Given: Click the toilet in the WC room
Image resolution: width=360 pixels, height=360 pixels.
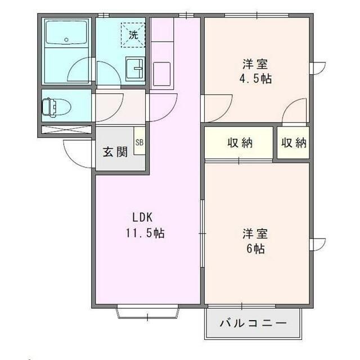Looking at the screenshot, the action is click(x=56, y=106).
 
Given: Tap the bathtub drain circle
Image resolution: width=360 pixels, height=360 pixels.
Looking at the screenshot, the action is click(x=66, y=39).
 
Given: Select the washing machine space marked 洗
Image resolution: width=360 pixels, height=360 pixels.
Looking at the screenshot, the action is click(x=133, y=35).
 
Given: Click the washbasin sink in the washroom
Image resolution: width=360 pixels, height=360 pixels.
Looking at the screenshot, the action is click(x=135, y=69).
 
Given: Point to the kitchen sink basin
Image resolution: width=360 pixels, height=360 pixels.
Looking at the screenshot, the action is click(x=162, y=74).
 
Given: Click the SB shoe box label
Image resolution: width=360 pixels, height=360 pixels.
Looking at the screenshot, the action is click(x=139, y=142).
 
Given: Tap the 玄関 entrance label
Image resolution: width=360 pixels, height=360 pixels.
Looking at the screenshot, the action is click(x=115, y=152).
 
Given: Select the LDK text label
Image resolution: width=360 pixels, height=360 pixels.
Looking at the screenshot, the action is click(x=142, y=217).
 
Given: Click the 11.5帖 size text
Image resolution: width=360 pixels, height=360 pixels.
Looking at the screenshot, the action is click(x=145, y=233).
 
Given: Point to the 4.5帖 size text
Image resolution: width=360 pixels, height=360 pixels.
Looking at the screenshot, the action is click(x=255, y=79).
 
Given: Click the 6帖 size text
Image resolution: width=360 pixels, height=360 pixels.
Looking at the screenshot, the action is click(x=255, y=249).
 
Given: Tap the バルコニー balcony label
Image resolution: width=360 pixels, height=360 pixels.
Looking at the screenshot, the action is click(x=253, y=323).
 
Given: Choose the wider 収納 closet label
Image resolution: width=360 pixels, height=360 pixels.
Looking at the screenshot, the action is click(x=240, y=143).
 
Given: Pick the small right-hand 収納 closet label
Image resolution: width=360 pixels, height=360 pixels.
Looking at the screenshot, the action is click(x=294, y=143).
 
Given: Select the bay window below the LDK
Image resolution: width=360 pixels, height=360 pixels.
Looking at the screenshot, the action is click(x=147, y=312).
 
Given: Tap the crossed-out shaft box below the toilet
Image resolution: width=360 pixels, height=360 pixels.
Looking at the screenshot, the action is click(x=66, y=129).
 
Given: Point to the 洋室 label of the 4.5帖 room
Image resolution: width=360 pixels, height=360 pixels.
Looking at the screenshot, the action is click(x=255, y=64).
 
